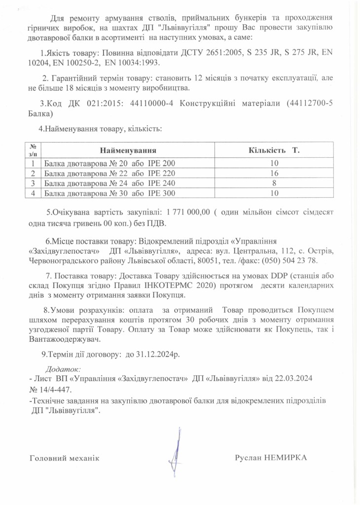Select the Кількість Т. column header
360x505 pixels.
tap(274, 149)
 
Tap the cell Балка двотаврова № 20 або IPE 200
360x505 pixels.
tap(109, 163)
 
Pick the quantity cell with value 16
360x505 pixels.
tap(274, 173)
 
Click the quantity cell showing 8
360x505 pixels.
tap(274, 183)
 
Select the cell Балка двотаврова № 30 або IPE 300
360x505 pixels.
tap(109, 193)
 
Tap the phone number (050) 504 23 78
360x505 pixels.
tap(289, 260)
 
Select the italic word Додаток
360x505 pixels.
tap(62, 368)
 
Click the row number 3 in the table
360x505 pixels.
tap(33, 183)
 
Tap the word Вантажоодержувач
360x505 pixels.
tap(65, 339)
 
